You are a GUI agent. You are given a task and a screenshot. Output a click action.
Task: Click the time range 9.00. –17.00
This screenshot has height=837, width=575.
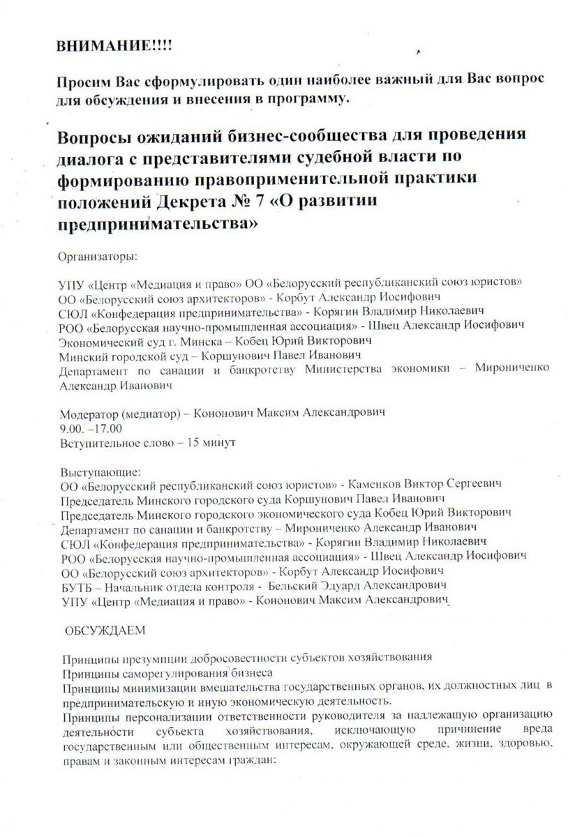[x=91, y=428]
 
